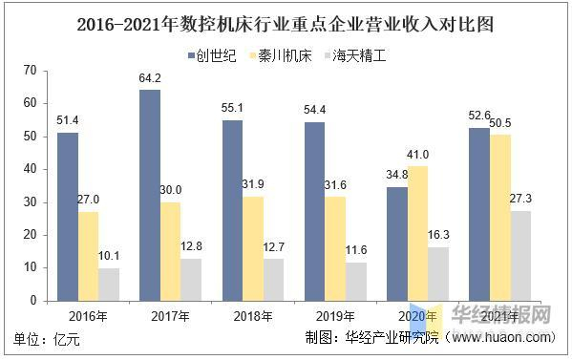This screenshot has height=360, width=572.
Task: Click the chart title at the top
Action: point(286,20)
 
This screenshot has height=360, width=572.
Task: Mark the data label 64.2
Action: point(149,78)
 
